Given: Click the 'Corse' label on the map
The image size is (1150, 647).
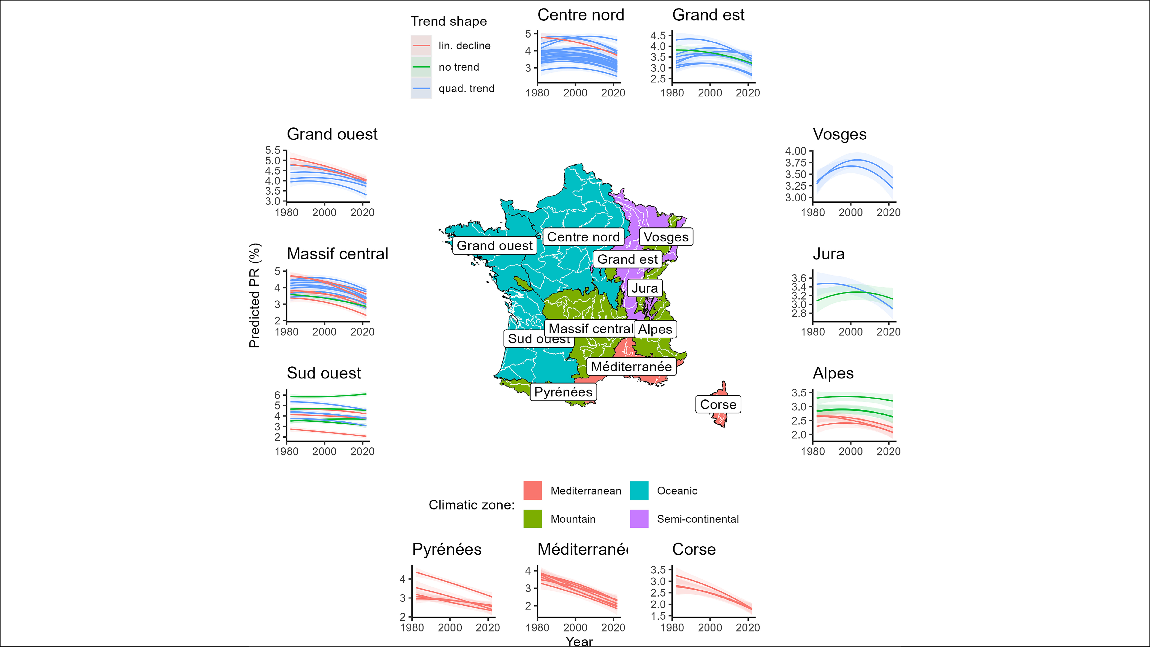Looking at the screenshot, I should pos(718,404).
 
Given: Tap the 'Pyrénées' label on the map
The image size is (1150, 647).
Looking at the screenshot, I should pos(563,392).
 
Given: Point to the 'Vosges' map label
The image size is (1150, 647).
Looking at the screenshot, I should pos(666,237).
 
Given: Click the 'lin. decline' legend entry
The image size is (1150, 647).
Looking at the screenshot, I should pos(464,46).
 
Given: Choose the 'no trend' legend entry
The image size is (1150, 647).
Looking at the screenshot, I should pos(459,67).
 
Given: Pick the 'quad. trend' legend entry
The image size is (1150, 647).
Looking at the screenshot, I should pos(466,88).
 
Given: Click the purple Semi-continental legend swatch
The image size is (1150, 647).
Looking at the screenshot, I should pos(639,519).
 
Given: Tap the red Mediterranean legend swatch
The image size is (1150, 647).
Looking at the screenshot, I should pos(533,491).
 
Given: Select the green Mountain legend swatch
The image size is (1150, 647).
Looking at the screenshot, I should pos(533,519).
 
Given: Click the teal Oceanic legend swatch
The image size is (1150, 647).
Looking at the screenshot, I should pos(639,491).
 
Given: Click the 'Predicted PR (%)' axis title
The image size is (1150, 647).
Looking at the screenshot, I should pos(255,295).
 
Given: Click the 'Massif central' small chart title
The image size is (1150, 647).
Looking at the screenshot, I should pos(337,254).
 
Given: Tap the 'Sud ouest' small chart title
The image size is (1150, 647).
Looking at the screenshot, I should pos(324,373).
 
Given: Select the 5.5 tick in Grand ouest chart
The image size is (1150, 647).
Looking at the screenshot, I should pos(273,150).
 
